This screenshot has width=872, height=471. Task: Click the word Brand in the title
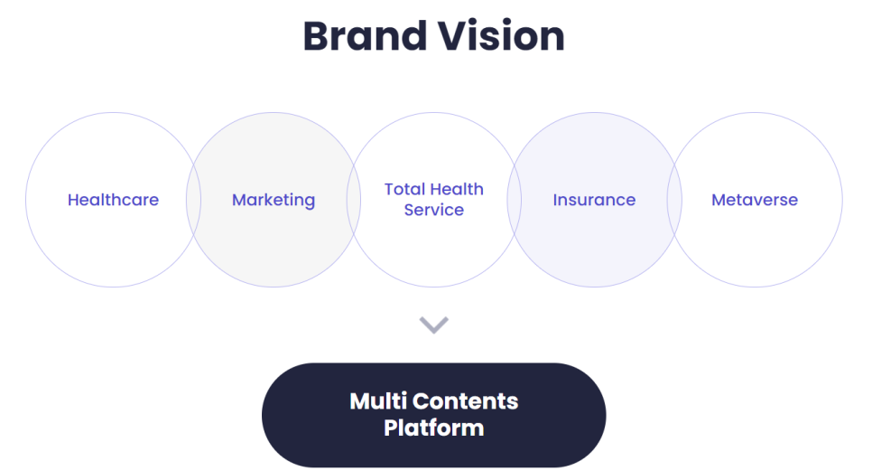tap(364, 36)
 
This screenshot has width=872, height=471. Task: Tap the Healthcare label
tap(113, 200)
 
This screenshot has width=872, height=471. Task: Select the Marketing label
tap(274, 200)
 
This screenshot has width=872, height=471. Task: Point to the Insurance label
tap(594, 200)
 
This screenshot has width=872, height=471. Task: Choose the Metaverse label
tap(755, 200)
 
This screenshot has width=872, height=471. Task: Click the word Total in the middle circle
tap(404, 189)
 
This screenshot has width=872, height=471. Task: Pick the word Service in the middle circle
tap(434, 210)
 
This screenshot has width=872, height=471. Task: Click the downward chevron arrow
tap(434, 325)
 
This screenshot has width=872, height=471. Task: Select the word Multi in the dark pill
tap(376, 400)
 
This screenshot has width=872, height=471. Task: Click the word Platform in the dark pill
tap(434, 427)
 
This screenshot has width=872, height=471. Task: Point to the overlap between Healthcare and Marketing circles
tap(193, 200)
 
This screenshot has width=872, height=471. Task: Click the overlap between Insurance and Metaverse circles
tap(674, 200)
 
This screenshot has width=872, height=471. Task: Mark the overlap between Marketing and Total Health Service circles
tap(354, 200)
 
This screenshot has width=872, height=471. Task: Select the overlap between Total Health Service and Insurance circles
tap(515, 200)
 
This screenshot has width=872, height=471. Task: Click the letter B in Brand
tap(314, 36)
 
